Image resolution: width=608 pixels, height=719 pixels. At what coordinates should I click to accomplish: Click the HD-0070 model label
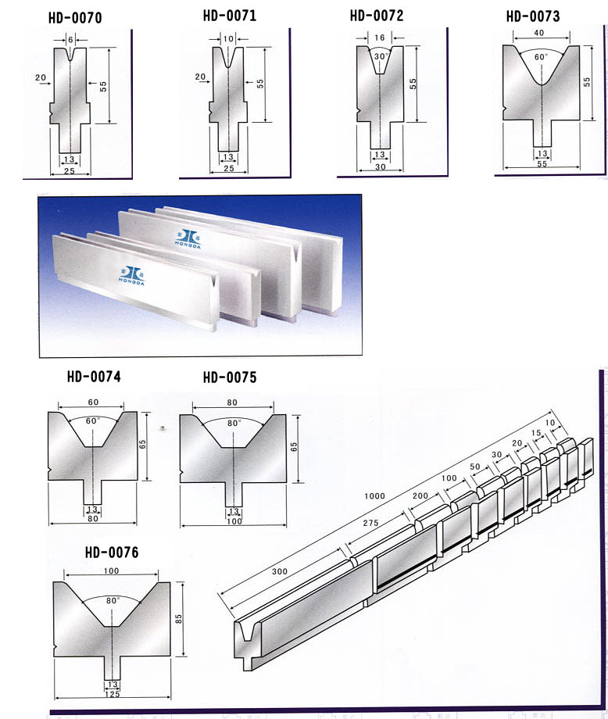click(x=75, y=18)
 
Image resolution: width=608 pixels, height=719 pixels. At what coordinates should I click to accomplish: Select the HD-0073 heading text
click(x=533, y=16)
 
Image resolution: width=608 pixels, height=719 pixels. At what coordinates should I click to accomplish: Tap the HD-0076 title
click(x=112, y=553)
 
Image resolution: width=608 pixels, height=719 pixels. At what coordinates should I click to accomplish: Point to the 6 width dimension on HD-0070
click(x=70, y=40)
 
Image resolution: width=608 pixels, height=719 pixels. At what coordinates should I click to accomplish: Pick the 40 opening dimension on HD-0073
click(x=539, y=33)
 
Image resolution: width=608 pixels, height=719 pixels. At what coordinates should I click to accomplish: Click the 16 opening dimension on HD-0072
click(x=380, y=38)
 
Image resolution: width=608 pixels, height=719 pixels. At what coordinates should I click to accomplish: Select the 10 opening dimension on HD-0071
click(x=228, y=39)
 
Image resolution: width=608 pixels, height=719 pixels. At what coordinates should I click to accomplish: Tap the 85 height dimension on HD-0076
click(x=179, y=619)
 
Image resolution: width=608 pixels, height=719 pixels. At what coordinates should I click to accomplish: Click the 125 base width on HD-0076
click(x=113, y=694)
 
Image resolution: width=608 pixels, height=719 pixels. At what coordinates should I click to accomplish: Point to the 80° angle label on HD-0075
click(x=234, y=423)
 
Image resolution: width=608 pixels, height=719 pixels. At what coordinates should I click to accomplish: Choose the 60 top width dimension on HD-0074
click(x=93, y=402)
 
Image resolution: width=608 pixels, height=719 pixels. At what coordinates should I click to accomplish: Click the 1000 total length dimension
click(x=374, y=496)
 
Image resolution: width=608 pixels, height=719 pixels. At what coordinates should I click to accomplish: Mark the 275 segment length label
click(x=371, y=523)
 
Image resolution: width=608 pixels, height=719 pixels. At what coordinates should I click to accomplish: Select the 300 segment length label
click(x=280, y=572)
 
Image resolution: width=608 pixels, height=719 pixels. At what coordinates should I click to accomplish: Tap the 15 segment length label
click(x=536, y=433)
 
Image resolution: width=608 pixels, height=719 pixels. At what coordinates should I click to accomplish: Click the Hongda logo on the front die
click(x=131, y=275)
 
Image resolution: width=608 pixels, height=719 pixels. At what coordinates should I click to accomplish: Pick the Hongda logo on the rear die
click(x=188, y=238)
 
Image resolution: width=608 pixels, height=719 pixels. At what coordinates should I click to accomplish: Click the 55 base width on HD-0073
click(x=542, y=163)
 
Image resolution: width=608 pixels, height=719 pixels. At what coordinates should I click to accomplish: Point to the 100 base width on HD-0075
click(x=234, y=521)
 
